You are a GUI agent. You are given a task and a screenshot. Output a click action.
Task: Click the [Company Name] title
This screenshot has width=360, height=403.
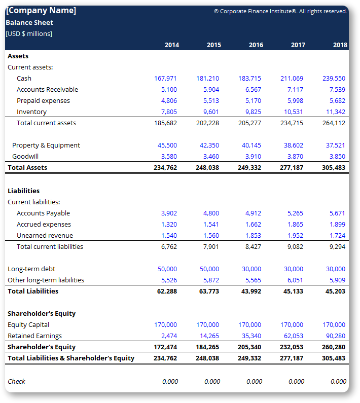(41, 10)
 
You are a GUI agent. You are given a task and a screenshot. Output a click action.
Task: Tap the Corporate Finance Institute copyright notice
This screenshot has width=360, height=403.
(280, 11)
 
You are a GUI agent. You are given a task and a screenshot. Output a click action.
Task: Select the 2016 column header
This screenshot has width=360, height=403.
(256, 45)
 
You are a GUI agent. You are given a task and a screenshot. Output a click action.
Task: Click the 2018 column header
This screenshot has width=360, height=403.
(340, 45)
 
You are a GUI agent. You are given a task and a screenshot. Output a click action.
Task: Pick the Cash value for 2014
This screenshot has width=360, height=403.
(165, 78)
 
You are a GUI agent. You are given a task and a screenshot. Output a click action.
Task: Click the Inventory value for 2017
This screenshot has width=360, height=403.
(293, 112)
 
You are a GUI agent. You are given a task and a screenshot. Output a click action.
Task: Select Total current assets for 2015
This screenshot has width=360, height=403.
(207, 123)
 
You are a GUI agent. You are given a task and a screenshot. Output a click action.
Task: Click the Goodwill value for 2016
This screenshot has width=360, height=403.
(253, 156)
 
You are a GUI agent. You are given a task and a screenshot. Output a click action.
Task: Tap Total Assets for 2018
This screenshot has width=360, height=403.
(334, 167)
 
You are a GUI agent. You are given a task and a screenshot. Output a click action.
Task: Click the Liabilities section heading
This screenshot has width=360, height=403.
(23, 191)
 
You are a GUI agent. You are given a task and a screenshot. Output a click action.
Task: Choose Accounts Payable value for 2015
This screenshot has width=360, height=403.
(211, 213)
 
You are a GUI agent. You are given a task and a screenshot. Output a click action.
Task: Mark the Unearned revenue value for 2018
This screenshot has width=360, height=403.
(337, 235)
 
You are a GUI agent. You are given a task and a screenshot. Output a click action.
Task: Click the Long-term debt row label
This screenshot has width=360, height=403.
(31, 269)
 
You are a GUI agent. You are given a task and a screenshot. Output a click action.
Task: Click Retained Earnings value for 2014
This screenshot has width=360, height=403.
(169, 336)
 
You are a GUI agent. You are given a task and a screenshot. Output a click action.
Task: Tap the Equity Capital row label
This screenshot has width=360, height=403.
(28, 324)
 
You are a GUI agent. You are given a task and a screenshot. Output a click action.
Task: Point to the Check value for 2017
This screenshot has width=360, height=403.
(296, 381)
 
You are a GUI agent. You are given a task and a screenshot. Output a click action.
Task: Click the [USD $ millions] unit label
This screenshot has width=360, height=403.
(29, 33)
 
